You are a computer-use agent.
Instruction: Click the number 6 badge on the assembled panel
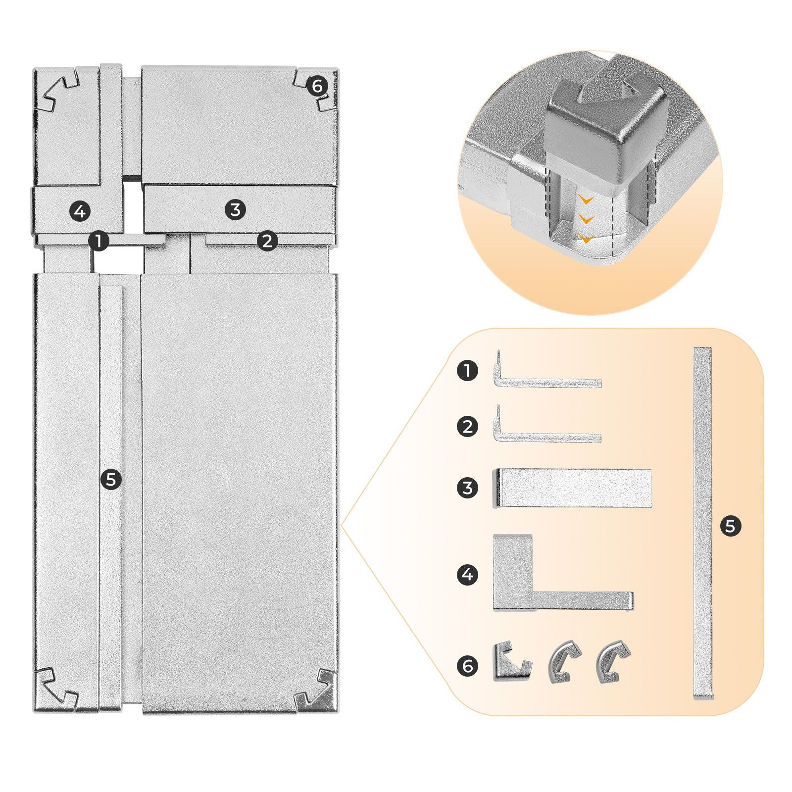click(x=317, y=87)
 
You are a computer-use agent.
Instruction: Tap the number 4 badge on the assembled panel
click(x=80, y=211)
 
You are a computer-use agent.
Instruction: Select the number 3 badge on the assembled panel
click(x=235, y=209)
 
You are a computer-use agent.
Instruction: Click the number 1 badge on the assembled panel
click(x=99, y=242)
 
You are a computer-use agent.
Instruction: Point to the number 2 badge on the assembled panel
click(x=267, y=241)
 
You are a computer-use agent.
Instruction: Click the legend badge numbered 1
click(x=467, y=371)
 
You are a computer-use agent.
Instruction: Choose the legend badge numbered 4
click(x=467, y=575)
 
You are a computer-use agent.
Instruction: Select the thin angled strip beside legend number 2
click(x=544, y=436)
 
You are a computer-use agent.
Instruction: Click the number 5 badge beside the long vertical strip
click(x=730, y=526)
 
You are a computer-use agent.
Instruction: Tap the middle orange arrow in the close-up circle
click(x=586, y=218)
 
